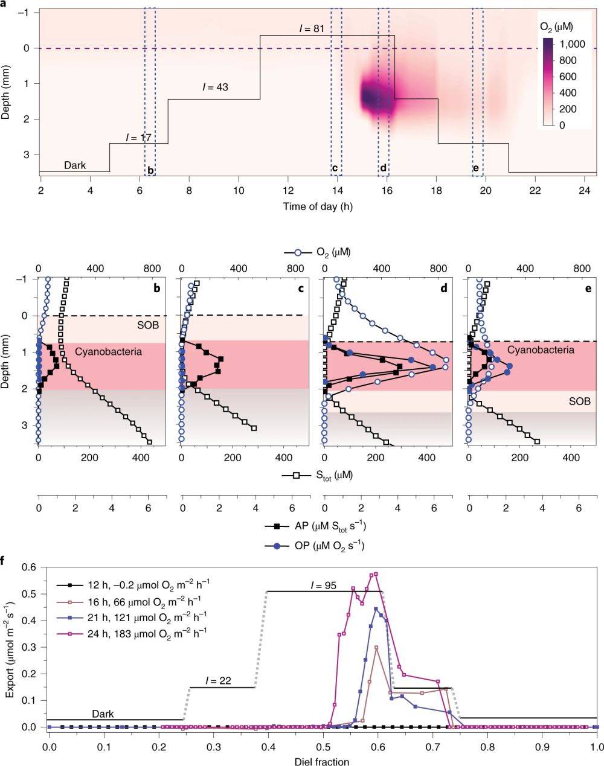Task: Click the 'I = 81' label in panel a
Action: (312, 28)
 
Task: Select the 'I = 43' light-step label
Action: (215, 87)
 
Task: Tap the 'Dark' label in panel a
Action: (75, 165)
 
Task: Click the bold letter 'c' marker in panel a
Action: (335, 168)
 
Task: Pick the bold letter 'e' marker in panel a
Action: (476, 168)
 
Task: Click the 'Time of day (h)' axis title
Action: (318, 206)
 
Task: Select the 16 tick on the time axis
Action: (387, 190)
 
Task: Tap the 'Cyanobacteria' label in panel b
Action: (100, 351)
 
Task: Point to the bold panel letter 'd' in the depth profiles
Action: (444, 289)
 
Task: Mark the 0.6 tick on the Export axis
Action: (30, 567)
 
